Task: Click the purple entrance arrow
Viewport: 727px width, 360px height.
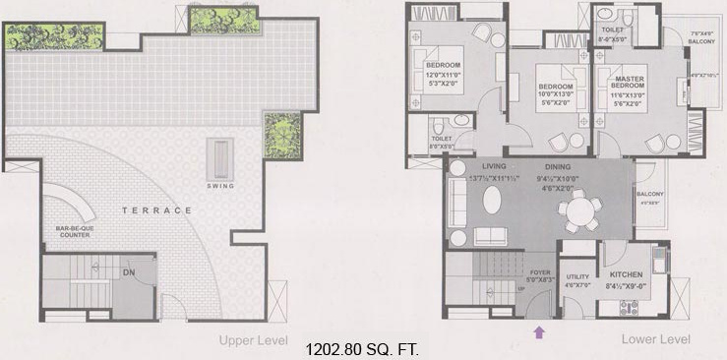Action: tap(538, 332)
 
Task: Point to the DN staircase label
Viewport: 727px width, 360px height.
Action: tap(127, 271)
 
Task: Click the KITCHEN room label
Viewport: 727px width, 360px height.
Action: tap(627, 276)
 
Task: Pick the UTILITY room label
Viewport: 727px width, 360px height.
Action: tap(576, 277)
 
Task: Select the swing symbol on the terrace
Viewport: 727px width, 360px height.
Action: tap(218, 156)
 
